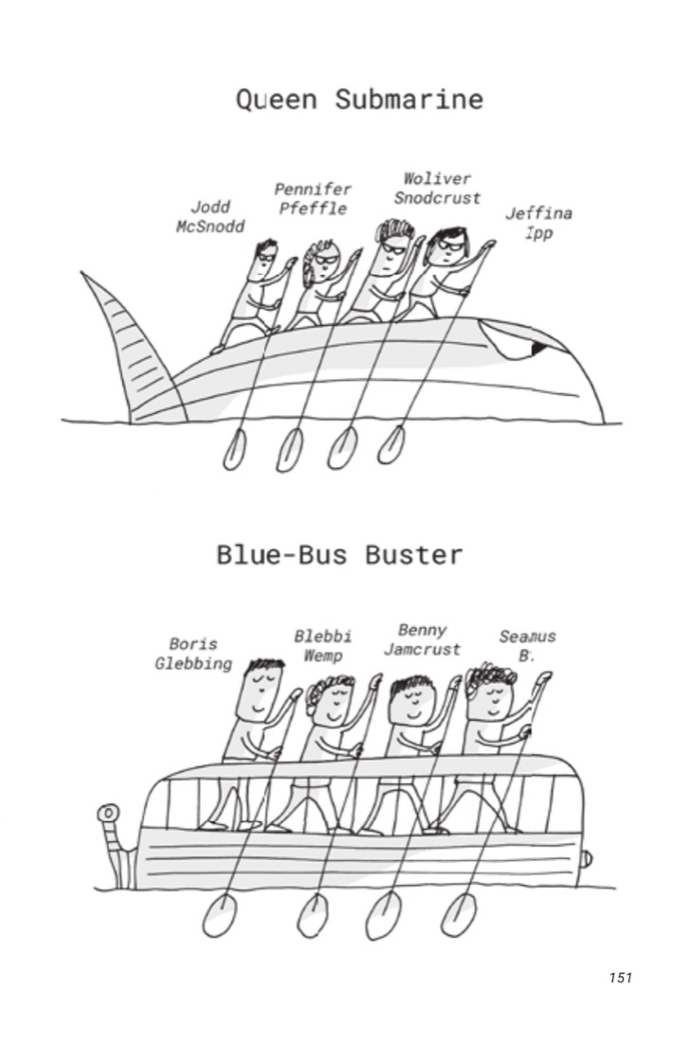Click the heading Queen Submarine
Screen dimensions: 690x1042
coord(359,99)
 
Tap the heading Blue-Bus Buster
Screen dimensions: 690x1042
coord(339,554)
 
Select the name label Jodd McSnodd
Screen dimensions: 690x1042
coord(210,217)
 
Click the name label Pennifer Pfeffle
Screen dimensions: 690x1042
coord(313,199)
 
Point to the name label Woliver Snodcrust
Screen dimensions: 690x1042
coord(437,189)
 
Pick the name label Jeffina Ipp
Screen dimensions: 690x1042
coord(538,224)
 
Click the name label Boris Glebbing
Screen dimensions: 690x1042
coord(193,654)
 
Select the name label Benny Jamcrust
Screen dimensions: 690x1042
coord(422,639)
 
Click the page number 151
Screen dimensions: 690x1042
coord(620,977)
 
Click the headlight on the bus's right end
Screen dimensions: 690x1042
coord(586,860)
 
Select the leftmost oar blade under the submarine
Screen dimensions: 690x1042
coord(233,450)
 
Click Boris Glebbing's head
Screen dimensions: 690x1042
coord(261,691)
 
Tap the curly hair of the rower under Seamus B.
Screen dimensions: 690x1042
coord(493,676)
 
